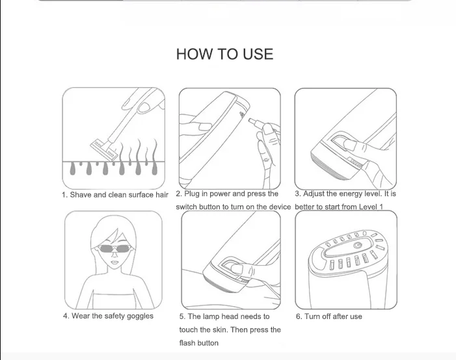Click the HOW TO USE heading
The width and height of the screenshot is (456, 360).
tap(225, 54)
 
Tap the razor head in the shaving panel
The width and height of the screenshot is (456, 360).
tap(104, 150)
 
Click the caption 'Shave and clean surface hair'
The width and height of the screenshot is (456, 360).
tap(119, 195)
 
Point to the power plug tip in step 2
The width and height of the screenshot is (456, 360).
tap(251, 120)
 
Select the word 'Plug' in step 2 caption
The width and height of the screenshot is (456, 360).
tap(192, 194)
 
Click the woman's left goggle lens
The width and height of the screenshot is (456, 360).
tap(105, 249)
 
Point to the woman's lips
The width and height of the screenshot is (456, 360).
tap(115, 263)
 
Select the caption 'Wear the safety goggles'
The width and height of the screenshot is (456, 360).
tap(113, 316)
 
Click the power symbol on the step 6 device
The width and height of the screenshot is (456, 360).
tap(357, 246)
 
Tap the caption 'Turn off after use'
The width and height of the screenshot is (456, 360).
tap(333, 316)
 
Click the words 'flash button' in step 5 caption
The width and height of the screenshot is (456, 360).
tap(198, 343)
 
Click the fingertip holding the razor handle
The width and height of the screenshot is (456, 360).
tap(143, 107)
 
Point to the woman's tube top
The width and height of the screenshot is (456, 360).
tap(114, 301)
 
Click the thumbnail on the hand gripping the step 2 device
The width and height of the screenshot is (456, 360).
tap(205, 127)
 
